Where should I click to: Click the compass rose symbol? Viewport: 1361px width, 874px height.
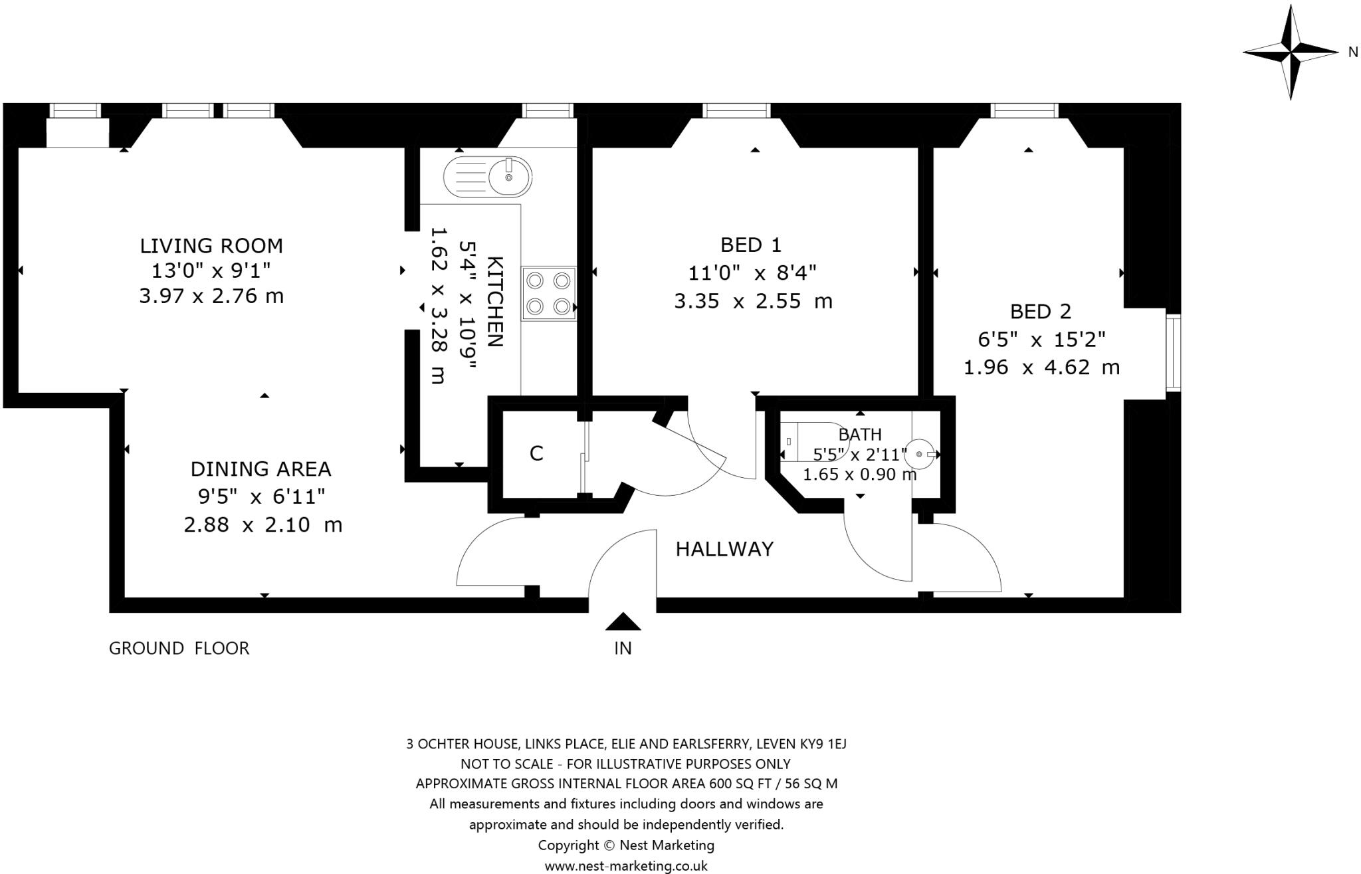point(1291,53)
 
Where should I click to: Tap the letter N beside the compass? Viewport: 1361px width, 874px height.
point(1352,53)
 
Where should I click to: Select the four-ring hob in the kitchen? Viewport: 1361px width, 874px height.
point(548,294)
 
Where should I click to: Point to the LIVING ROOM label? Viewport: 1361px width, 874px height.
point(211,246)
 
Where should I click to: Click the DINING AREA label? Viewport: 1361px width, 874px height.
point(261,469)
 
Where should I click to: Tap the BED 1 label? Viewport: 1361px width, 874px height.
point(751,245)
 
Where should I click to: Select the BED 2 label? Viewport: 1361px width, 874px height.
point(1041,311)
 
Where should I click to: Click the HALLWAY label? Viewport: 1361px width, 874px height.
point(724,549)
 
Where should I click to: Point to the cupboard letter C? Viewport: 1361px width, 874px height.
point(536,453)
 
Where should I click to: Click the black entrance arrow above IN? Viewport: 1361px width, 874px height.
point(623,621)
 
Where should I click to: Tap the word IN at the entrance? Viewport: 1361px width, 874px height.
point(623,648)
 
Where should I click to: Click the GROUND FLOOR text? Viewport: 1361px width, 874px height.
point(179,648)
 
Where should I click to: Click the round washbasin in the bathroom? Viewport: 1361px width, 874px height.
point(920,454)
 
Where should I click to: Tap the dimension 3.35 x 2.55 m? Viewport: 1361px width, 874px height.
point(753,302)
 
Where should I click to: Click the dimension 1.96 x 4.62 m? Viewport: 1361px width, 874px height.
point(1041,367)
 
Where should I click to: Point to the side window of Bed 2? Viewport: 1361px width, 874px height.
point(1173,353)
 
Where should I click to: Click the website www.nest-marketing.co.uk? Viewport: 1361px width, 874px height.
point(626,866)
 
